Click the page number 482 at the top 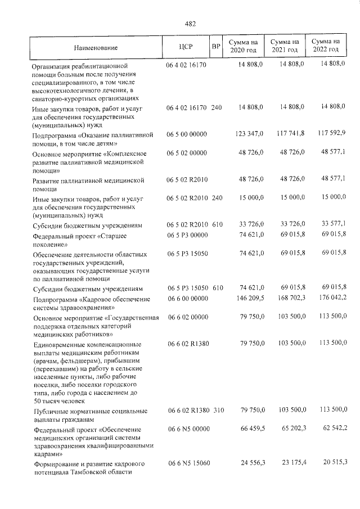[x=190, y=24]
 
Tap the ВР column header [x=215, y=46]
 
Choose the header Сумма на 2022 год [x=326, y=46]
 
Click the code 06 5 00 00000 [x=187, y=134]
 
